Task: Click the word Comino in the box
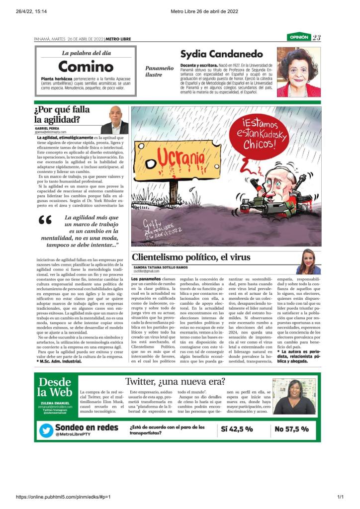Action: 86,66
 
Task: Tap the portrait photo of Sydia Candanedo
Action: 298,72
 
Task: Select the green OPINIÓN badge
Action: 298,37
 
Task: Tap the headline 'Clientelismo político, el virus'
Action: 191,257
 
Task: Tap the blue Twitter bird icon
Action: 46,430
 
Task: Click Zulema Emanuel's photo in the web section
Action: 294,396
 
